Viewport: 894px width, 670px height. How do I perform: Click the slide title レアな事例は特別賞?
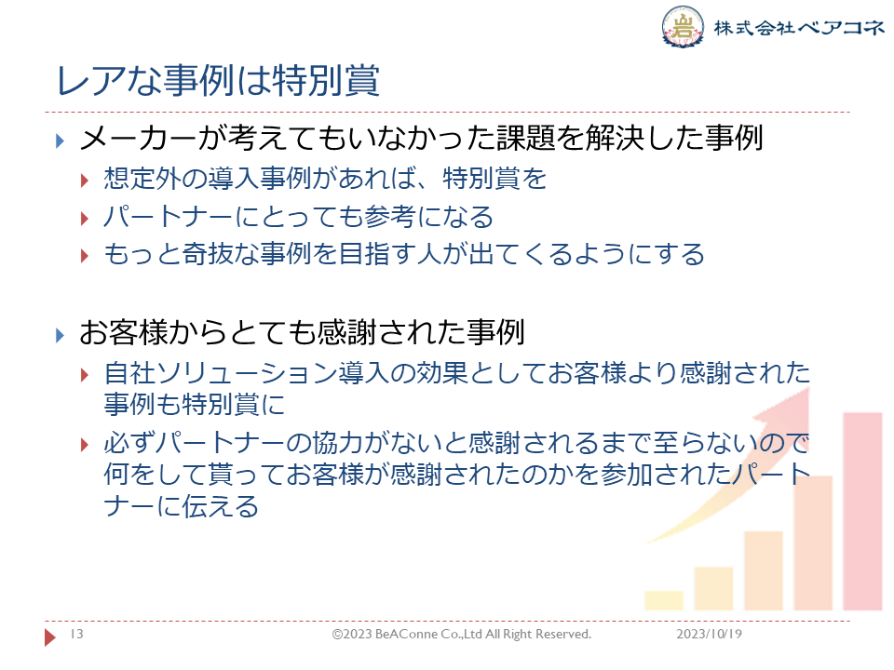tap(218, 80)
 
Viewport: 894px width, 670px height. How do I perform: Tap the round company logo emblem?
tap(682, 26)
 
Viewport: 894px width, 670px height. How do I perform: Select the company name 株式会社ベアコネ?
tap(799, 27)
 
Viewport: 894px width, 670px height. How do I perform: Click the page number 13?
tap(76, 634)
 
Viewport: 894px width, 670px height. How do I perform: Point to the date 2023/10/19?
tap(709, 634)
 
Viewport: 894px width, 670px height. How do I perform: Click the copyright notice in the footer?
tap(461, 634)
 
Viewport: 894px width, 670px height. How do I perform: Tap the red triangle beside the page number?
tap(50, 636)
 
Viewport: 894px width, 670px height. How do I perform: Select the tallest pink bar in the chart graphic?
tap(862, 511)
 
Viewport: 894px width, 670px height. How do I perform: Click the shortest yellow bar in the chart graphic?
tap(664, 600)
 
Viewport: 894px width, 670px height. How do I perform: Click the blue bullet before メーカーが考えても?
tap(60, 141)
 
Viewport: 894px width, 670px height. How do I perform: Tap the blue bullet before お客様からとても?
tap(60, 335)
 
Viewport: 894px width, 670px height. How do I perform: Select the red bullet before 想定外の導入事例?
tap(85, 181)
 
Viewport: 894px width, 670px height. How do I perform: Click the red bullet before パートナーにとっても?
tap(85, 219)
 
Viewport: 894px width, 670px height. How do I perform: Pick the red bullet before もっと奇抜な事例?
tap(85, 256)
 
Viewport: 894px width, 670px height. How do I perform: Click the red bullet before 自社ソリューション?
tap(85, 375)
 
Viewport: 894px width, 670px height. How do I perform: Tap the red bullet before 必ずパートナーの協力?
tap(85, 445)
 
